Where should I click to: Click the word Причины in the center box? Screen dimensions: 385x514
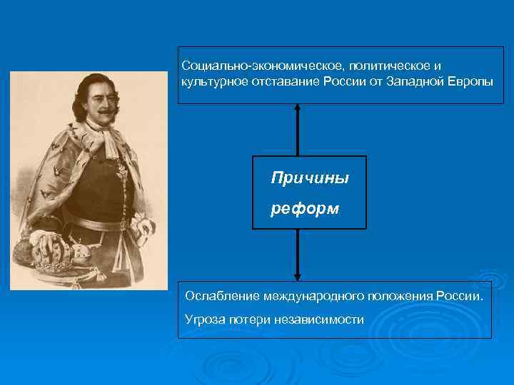click(310, 178)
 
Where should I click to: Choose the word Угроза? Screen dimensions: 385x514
click(205, 319)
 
